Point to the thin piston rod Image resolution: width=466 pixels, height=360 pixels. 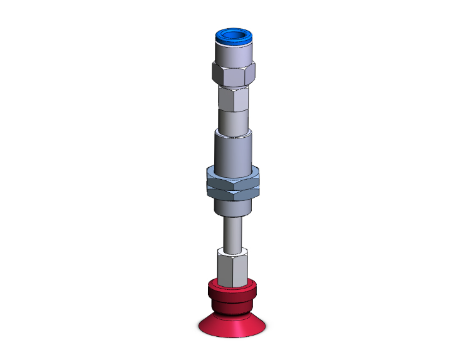(232, 232)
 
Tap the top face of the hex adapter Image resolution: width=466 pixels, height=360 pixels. (232, 251)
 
